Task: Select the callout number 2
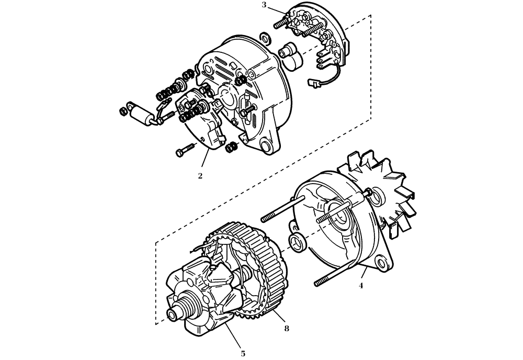[x=200, y=176]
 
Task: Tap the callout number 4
[x=360, y=286]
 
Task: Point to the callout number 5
[x=243, y=354]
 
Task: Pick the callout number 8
[x=286, y=329]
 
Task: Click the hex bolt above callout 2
[x=183, y=151]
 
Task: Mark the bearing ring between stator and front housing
[x=297, y=242]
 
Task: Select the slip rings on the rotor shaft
[x=183, y=306]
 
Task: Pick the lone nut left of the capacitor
[x=122, y=110]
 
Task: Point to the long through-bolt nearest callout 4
[x=340, y=275]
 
